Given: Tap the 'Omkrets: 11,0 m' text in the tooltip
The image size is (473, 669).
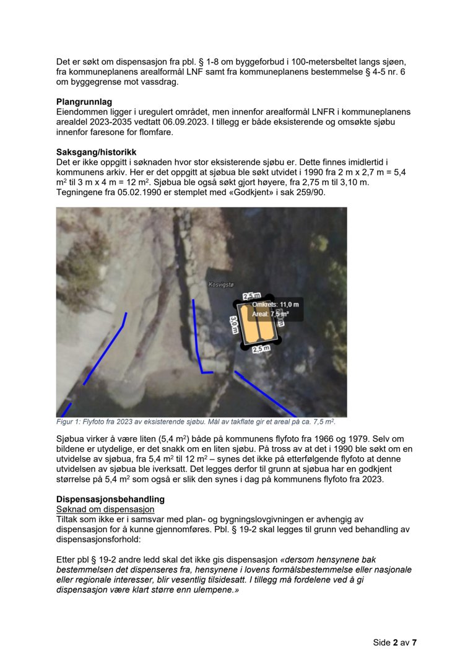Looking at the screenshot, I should [276, 304].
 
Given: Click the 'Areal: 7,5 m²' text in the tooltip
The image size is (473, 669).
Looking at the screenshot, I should [271, 314].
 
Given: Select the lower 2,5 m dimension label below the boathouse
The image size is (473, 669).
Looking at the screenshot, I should [261, 349].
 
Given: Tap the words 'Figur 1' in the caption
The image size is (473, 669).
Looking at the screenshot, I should [66, 422].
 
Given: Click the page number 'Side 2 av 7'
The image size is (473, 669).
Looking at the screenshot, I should [394, 643].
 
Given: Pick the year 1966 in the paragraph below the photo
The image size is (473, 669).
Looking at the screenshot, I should [325, 439].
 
